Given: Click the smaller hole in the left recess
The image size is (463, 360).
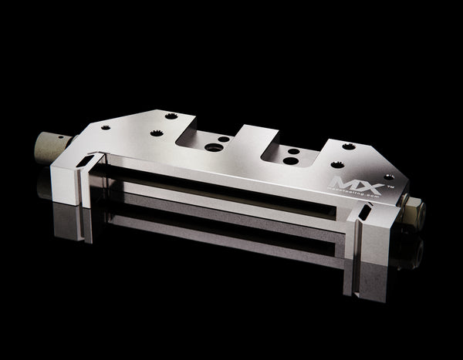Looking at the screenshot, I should [x=223, y=140].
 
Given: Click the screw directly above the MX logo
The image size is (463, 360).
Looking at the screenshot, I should [x=337, y=164].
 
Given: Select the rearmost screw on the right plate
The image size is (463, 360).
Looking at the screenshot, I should [x=349, y=146].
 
